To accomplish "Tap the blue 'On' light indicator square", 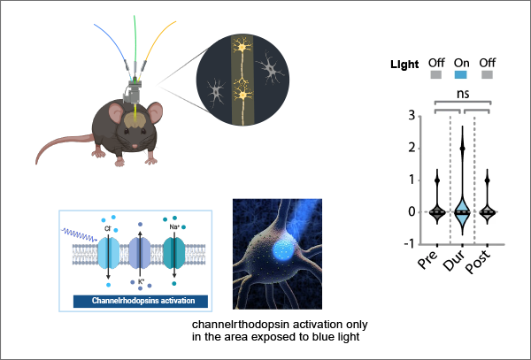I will [461, 75].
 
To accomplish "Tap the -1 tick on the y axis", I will [408, 244].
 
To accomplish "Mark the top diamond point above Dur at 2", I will [461, 149].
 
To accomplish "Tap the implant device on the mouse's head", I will [135, 87].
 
